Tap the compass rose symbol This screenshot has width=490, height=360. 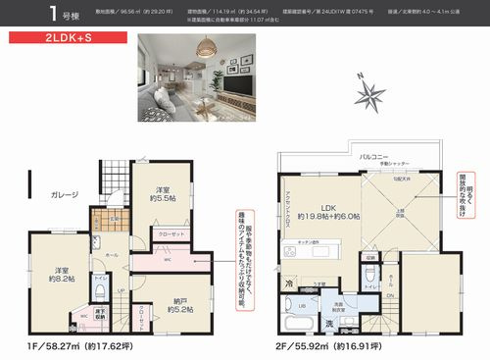[x=371, y=94]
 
